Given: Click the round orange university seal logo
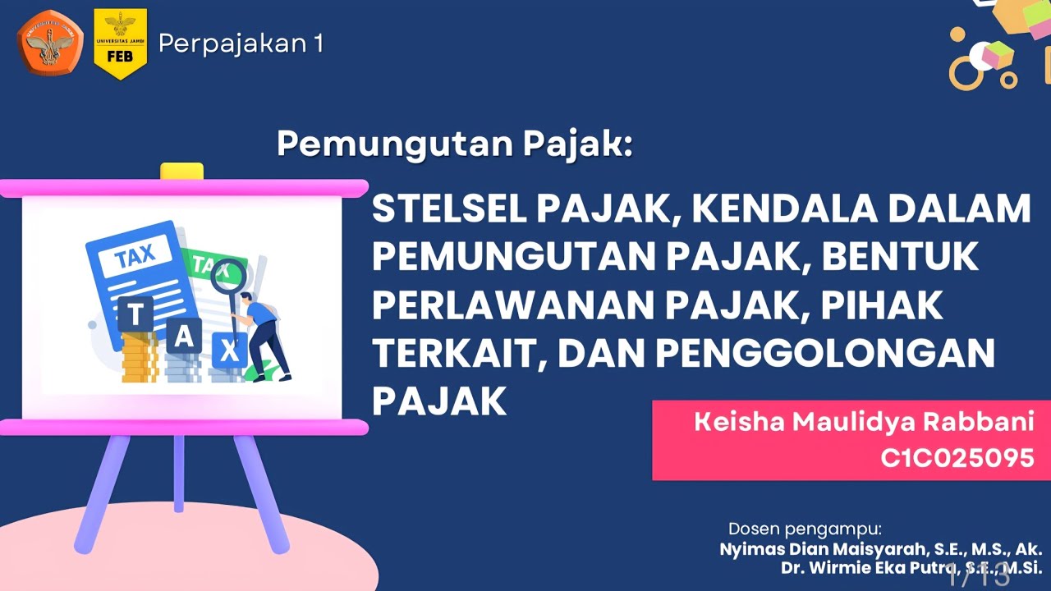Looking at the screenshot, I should [x=51, y=43].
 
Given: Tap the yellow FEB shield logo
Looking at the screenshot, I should [x=120, y=44].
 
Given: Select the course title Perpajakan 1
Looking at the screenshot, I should [x=241, y=44].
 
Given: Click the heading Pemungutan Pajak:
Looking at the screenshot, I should [x=455, y=144].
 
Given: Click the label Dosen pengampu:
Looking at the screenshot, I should [x=805, y=528].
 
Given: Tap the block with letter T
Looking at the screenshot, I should [x=136, y=314].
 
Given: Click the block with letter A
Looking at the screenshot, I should [x=184, y=335].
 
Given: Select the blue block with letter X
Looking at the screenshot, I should [x=230, y=351].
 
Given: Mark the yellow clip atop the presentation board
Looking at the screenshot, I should [x=181, y=172].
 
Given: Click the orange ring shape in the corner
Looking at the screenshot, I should [x=966, y=71].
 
